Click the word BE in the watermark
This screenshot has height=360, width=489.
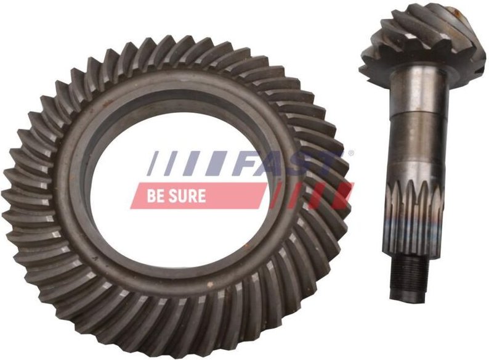[x=155, y=196]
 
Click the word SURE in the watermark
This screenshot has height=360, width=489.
[x=187, y=196]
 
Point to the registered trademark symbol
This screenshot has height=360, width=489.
[x=351, y=153]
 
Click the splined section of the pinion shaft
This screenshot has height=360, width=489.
[x=414, y=219]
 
